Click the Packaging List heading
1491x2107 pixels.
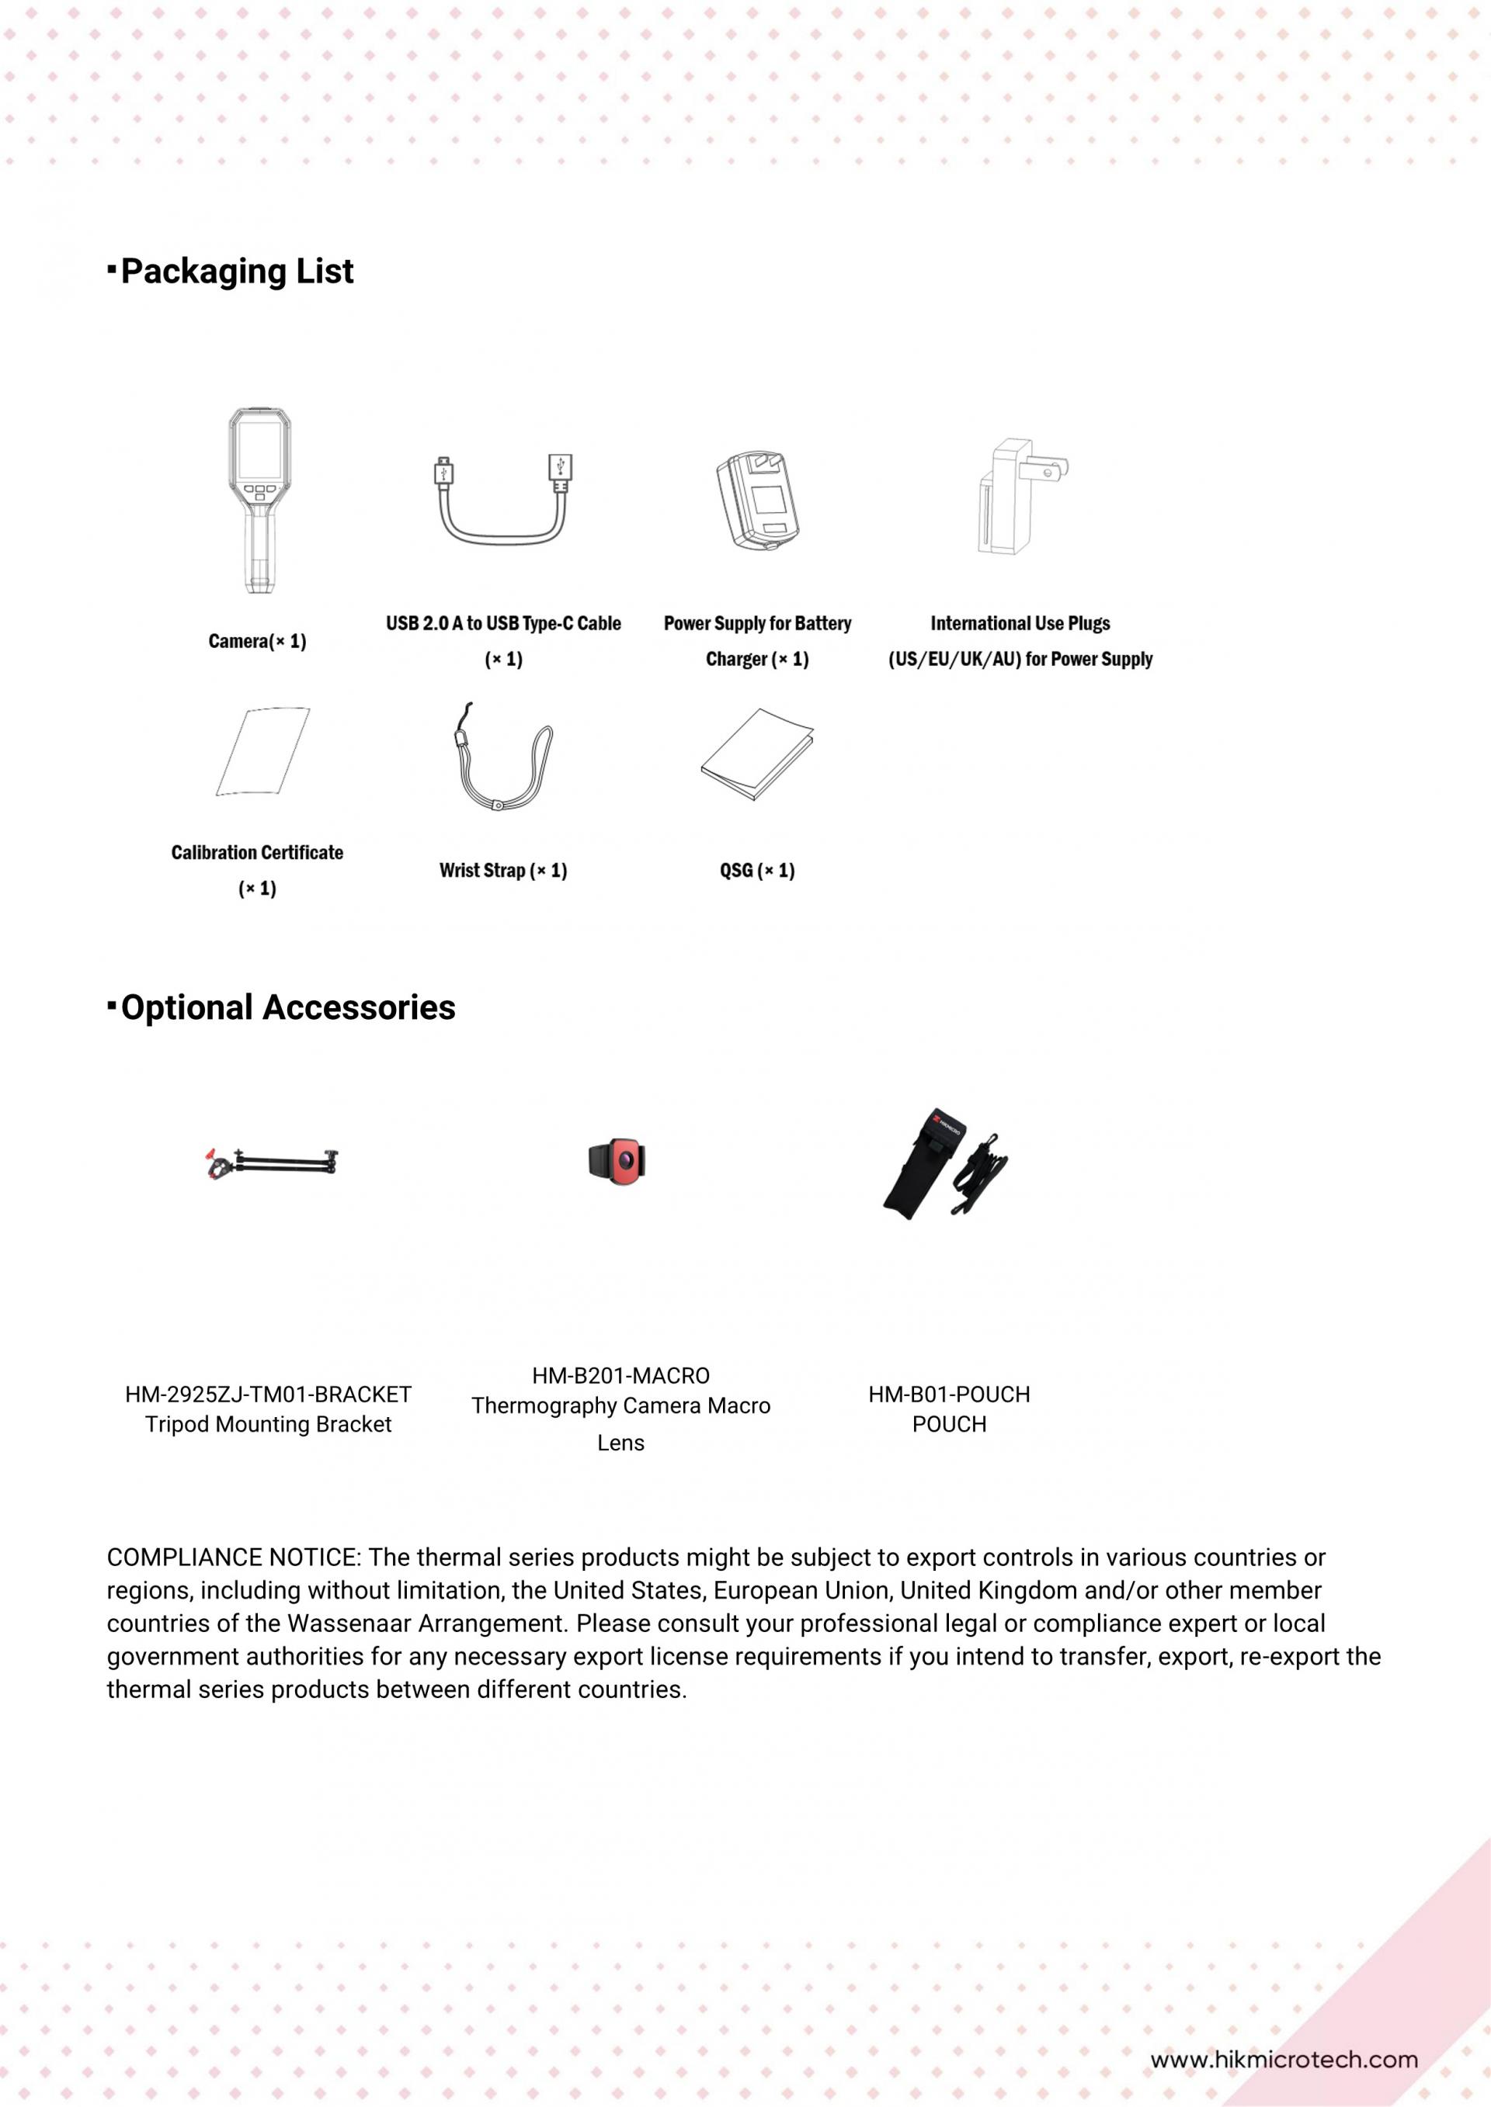click(x=236, y=272)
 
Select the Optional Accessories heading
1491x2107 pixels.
click(x=287, y=1007)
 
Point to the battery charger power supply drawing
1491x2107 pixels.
click(x=757, y=501)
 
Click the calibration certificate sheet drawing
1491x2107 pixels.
click(x=262, y=751)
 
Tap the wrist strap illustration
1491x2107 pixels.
click(x=502, y=758)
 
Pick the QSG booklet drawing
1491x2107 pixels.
click(x=757, y=754)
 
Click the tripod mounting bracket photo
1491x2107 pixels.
click(x=272, y=1163)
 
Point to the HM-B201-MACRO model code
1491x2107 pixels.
click(x=620, y=1377)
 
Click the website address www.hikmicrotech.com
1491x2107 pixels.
click(x=1284, y=2060)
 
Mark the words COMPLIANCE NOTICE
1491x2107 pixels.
click(x=232, y=1558)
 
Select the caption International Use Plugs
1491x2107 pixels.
click(x=1020, y=623)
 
